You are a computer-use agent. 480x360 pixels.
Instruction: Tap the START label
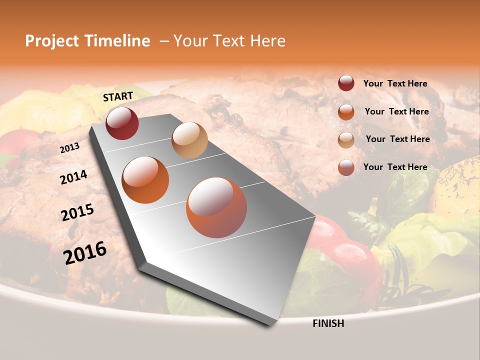pos(118,96)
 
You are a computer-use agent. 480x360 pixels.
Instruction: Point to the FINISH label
pos(328,323)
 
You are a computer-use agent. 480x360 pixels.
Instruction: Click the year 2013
pos(69,148)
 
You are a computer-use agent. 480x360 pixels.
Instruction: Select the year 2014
pos(73,177)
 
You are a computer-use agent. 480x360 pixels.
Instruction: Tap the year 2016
pos(85,252)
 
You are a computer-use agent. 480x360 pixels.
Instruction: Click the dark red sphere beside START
pos(122,123)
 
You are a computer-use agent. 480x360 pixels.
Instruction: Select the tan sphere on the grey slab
pos(189,140)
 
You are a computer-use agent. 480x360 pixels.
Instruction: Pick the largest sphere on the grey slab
pos(216,207)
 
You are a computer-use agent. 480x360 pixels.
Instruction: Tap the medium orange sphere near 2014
pos(145,180)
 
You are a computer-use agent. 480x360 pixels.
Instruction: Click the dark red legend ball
pos(346,83)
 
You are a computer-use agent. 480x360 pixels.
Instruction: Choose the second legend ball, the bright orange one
pos(346,111)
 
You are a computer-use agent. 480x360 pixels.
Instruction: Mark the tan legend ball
pos(346,139)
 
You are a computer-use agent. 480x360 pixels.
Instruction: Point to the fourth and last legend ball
pos(346,167)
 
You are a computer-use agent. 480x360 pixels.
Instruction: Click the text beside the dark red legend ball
pos(395,83)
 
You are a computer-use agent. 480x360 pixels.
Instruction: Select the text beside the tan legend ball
pos(397,139)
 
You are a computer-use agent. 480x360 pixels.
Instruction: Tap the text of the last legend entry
pos(395,167)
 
